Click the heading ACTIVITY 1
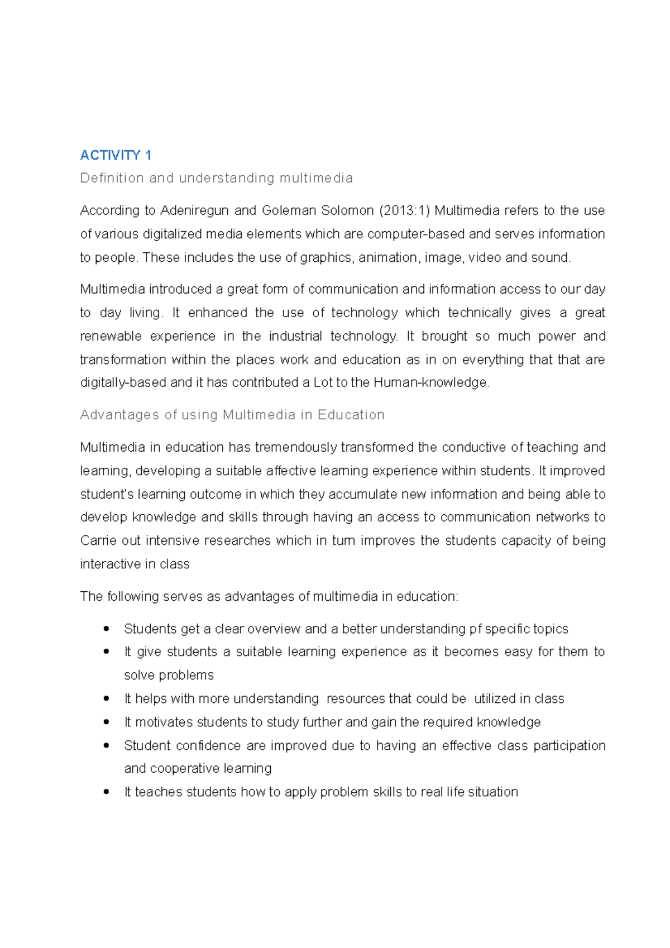(116, 155)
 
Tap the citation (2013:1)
(404, 210)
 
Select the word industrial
(295, 336)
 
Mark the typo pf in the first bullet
(475, 629)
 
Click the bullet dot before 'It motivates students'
(106, 722)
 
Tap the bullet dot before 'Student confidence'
(106, 745)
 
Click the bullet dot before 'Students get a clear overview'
(106, 629)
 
